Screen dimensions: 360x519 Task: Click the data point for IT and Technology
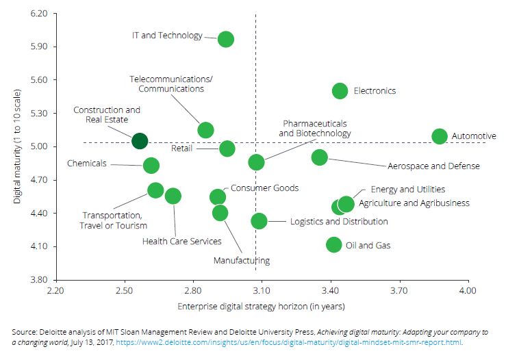click(225, 39)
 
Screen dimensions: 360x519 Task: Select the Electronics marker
click(340, 91)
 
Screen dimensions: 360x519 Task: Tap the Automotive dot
click(439, 136)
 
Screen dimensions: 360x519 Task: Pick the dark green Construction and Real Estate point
click(140, 141)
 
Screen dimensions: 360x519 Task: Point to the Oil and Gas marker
click(334, 244)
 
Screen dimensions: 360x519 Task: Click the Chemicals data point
click(151, 165)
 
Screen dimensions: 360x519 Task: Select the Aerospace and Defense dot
click(319, 157)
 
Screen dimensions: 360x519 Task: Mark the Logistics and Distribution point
click(259, 221)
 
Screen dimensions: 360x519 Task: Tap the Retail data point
click(227, 149)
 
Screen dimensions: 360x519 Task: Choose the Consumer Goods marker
click(218, 197)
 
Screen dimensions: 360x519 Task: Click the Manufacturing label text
click(241, 260)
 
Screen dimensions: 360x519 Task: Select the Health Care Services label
click(181, 241)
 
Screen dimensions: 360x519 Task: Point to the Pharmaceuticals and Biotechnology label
click(315, 128)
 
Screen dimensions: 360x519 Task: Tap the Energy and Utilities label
click(407, 189)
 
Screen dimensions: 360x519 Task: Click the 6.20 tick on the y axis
click(40, 14)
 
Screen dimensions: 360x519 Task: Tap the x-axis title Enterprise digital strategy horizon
click(261, 306)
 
